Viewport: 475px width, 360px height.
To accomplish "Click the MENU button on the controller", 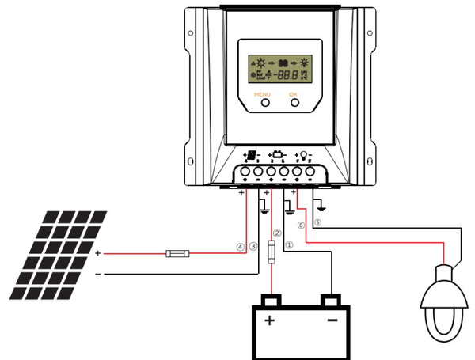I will click(262, 102).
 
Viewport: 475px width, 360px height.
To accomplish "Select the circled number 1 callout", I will click(288, 245).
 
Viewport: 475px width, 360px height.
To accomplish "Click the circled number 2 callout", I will click(276, 233).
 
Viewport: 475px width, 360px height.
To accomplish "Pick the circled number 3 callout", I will click(253, 246).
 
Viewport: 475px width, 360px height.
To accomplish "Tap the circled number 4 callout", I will click(241, 246).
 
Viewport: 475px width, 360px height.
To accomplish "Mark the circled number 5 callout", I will click(317, 223).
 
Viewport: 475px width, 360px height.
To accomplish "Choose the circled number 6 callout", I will click(301, 225).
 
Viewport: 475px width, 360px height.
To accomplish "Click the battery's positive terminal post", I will click(271, 300).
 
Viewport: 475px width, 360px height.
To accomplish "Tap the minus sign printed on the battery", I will click(332, 320).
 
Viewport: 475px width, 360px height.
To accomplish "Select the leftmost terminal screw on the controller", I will click(245, 171).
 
